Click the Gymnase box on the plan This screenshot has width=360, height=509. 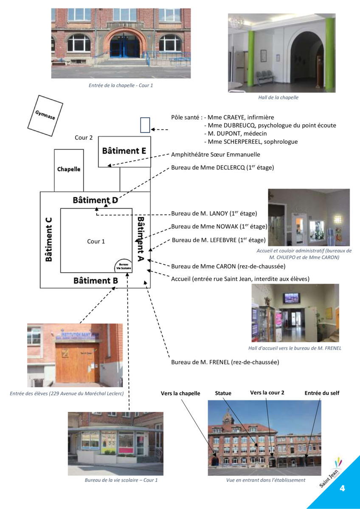(45, 116)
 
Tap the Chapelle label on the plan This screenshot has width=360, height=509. (69, 169)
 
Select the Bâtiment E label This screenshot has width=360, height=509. (124, 151)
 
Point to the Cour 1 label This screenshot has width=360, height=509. (96, 241)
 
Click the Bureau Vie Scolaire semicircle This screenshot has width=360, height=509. (124, 266)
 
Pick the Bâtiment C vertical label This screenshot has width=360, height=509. (49, 240)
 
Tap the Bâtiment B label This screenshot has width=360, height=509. (96, 281)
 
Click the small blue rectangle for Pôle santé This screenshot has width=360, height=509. (145, 125)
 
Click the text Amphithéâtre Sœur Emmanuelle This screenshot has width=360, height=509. (216, 155)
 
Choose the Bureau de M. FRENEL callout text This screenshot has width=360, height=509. (225, 362)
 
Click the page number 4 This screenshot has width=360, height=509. (342, 488)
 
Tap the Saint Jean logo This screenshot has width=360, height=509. (332, 473)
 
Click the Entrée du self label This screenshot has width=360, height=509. (322, 393)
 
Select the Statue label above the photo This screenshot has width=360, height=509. (223, 393)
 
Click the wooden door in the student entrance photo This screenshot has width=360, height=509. (77, 363)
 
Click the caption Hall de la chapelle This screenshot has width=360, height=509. (278, 98)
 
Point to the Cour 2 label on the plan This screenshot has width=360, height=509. (84, 138)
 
